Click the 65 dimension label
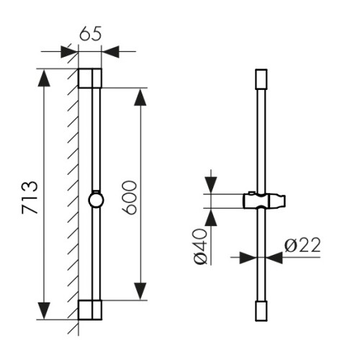[91, 33]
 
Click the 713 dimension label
[30, 197]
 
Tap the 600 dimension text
[130, 197]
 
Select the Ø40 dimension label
[200, 246]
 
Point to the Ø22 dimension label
[302, 245]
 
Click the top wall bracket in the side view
[90, 78]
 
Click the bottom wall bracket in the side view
[90, 310]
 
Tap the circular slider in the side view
[96, 200]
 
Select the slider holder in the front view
[264, 201]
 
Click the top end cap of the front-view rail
[261, 79]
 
